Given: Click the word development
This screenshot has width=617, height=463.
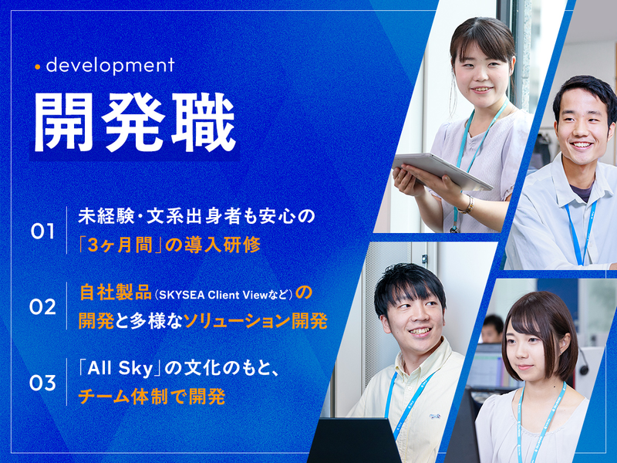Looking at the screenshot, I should (110, 66).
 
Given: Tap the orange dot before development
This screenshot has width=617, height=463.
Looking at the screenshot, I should (37, 66).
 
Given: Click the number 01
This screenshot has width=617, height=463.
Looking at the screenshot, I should (43, 231).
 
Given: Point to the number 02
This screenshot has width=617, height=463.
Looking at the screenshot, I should (43, 307).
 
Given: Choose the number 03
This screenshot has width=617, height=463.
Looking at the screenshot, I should (43, 383).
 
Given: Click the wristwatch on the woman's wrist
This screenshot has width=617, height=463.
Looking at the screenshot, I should (467, 204).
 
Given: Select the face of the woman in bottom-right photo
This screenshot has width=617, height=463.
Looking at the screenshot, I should (533, 347).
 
